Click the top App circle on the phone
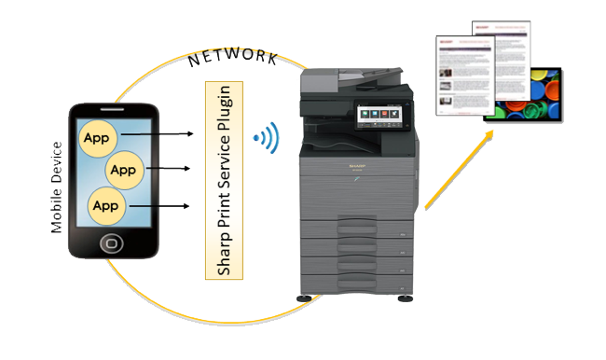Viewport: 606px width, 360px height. point(96,137)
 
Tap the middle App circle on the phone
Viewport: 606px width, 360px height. point(122,171)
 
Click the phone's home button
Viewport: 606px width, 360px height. point(110,244)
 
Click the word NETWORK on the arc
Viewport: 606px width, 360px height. point(232,59)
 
